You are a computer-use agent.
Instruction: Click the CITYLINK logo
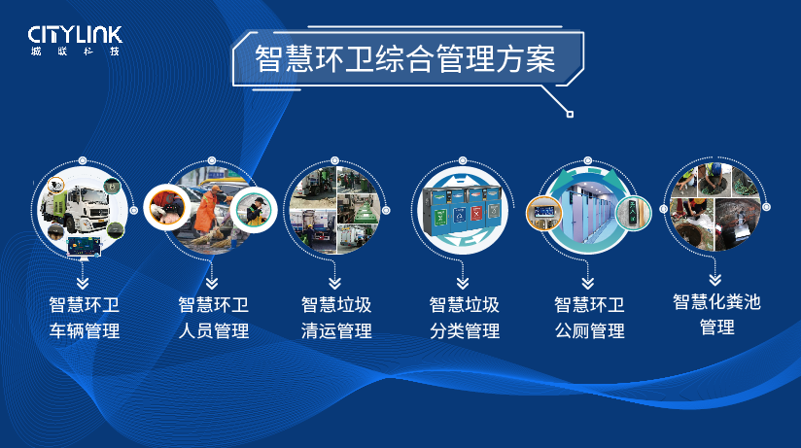pyautogui.click(x=75, y=41)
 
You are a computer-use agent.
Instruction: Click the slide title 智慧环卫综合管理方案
pyautogui.click(x=404, y=58)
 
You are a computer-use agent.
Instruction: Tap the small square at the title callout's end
pyautogui.click(x=570, y=114)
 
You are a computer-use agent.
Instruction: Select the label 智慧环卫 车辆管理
pyautogui.click(x=85, y=318)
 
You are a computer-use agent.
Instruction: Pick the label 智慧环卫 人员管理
pyautogui.click(x=214, y=318)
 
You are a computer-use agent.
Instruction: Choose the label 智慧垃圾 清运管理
pyautogui.click(x=336, y=318)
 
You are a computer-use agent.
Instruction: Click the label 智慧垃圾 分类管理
pyautogui.click(x=465, y=318)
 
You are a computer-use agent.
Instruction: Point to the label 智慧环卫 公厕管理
pyautogui.click(x=589, y=318)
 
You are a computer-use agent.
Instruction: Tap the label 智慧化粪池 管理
pyautogui.click(x=716, y=314)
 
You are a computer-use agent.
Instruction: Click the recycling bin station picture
pyautogui.click(x=463, y=211)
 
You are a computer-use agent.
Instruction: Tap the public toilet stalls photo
pyautogui.click(x=588, y=211)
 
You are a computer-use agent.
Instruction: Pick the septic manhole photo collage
pyautogui.click(x=715, y=207)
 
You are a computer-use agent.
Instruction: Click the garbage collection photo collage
pyautogui.click(x=335, y=211)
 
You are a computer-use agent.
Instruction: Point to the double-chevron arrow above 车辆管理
pyautogui.click(x=83, y=283)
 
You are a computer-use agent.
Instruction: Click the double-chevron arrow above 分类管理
pyautogui.click(x=463, y=283)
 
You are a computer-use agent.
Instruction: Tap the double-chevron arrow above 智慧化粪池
pyautogui.click(x=715, y=280)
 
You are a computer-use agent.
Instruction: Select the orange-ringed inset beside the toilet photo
pyautogui.click(x=544, y=213)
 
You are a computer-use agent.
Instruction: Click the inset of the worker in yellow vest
pyautogui.click(x=254, y=210)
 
